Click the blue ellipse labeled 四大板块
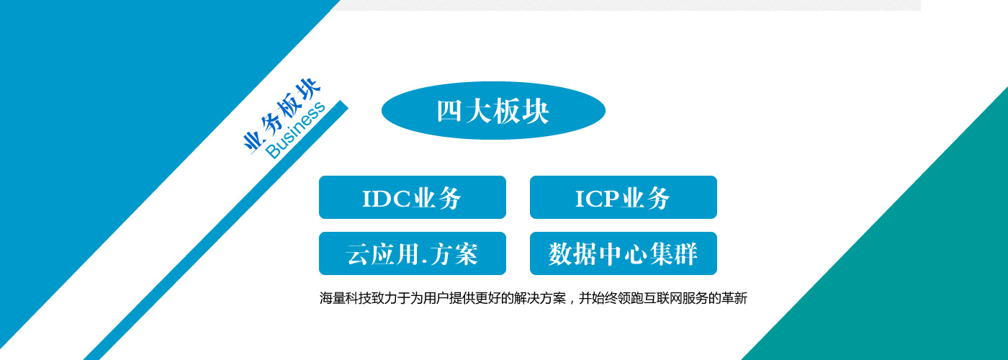tap(493, 110)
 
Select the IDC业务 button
tap(412, 197)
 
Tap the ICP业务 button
tap(624, 197)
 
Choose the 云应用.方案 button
tap(412, 253)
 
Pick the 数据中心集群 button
tap(624, 253)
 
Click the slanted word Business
tap(295, 130)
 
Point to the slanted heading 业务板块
tap(282, 115)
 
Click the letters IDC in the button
tap(386, 199)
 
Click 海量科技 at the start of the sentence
tap(345, 298)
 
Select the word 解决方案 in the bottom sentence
tap(539, 298)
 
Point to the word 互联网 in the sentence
tap(662, 298)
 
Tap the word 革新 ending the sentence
tap(734, 298)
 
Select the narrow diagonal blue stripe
tap(216, 230)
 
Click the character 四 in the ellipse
tap(449, 111)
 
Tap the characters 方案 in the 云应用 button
tap(454, 253)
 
